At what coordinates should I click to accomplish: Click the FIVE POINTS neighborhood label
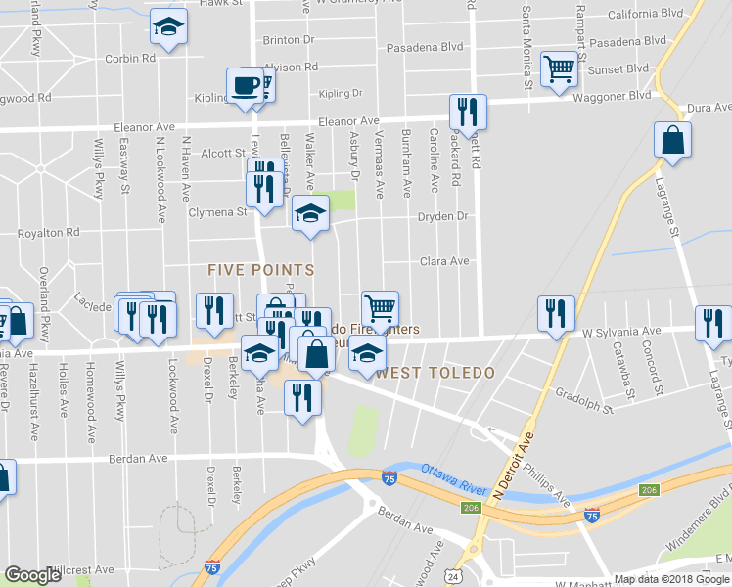point(260,269)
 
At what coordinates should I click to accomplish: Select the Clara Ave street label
point(444,261)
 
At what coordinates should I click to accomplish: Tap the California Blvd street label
point(644,15)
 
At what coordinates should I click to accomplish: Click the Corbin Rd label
point(130,59)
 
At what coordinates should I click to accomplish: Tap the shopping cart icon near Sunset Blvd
point(558,69)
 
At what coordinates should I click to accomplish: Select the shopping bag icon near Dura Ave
point(673,139)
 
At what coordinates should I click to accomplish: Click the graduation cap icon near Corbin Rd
point(169,29)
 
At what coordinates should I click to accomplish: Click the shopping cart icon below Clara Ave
point(380,307)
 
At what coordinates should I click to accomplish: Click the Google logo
point(34,575)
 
